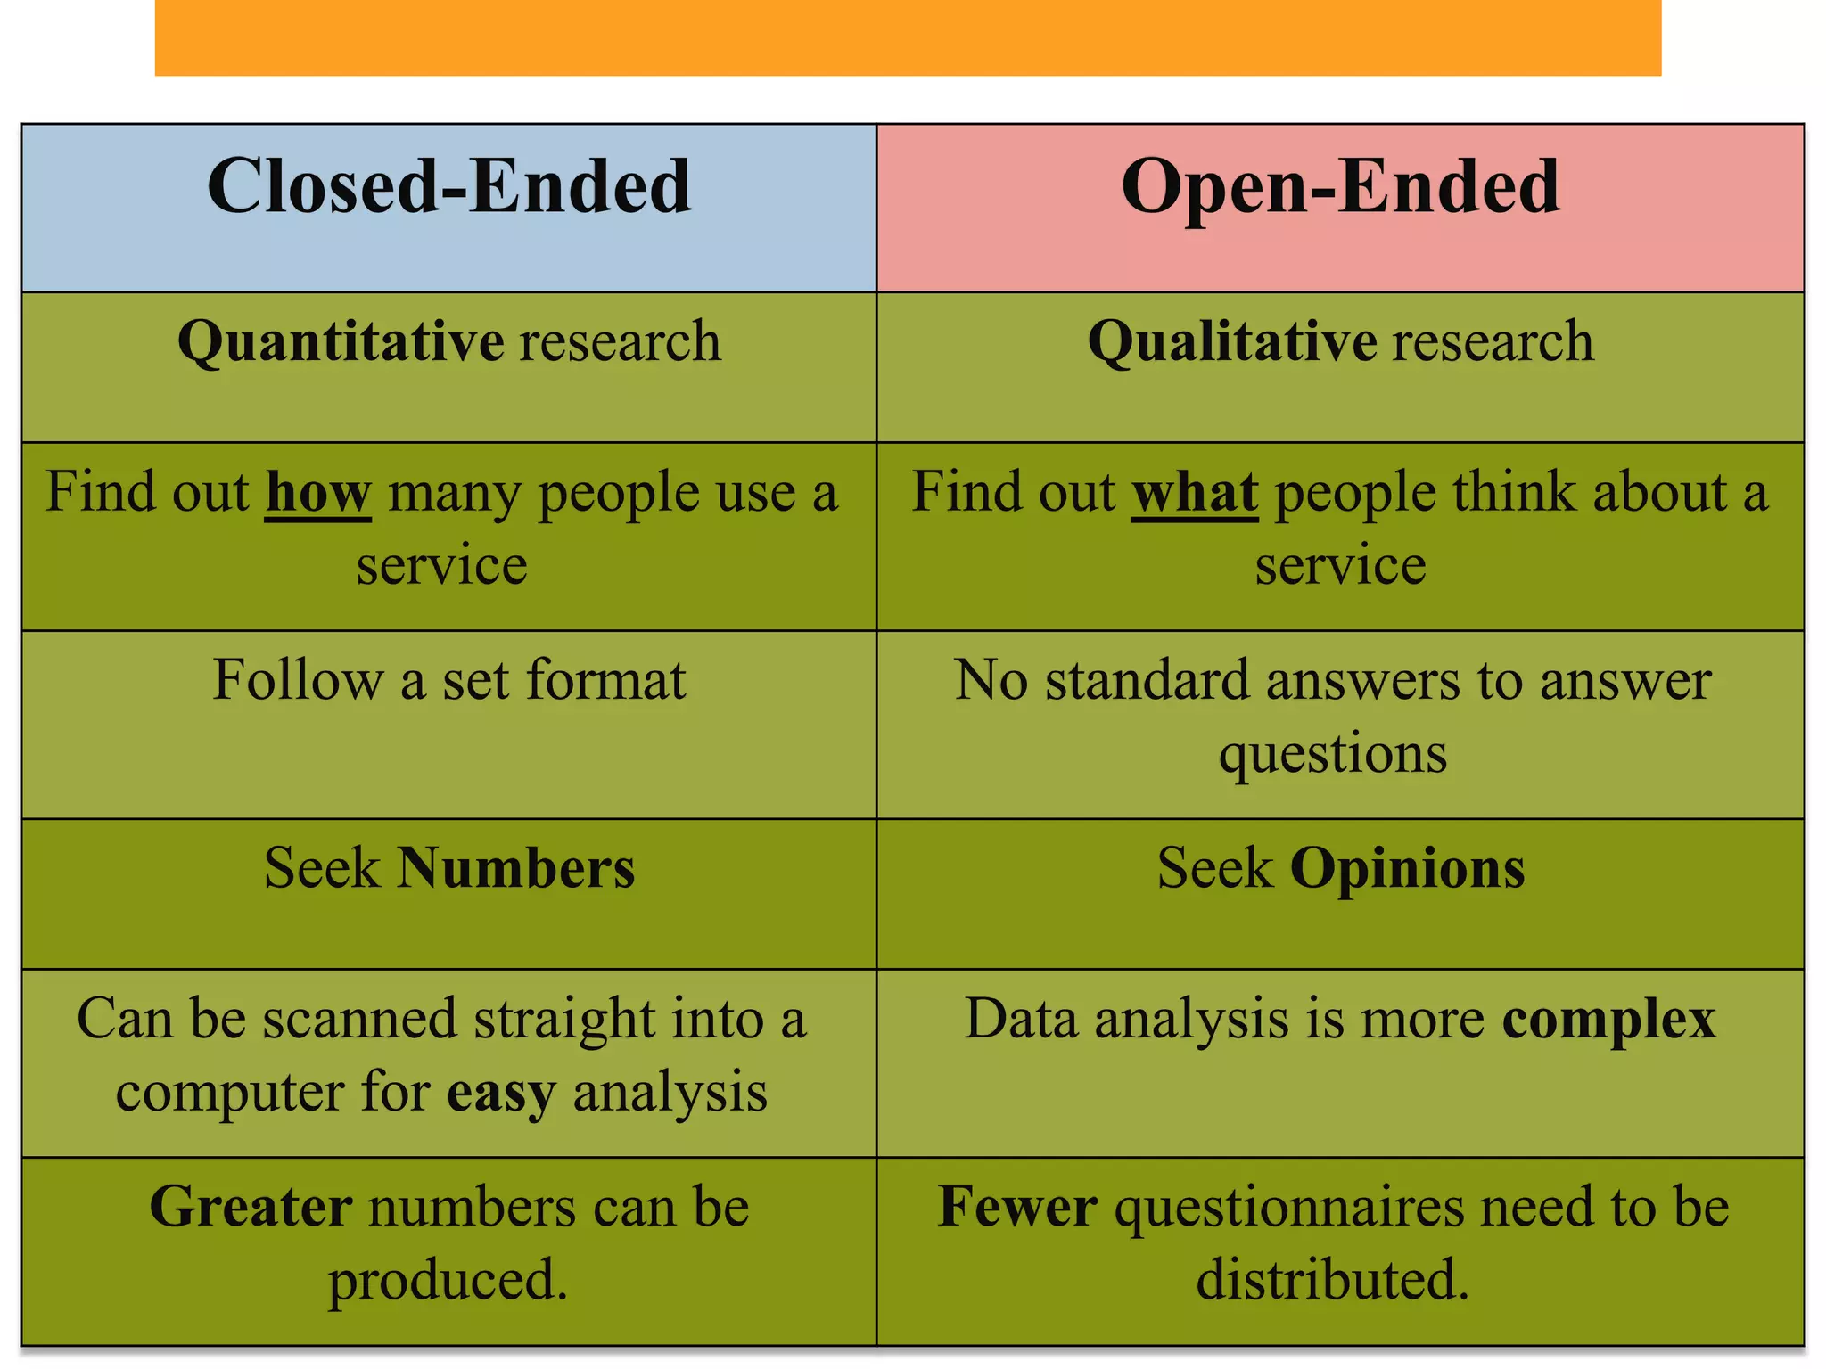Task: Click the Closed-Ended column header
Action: pyautogui.click(x=448, y=187)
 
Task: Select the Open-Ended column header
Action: pyautogui.click(x=1340, y=187)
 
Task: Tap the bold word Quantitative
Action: pyautogui.click(x=341, y=342)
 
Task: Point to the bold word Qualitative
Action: pyautogui.click(x=1232, y=342)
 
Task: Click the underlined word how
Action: pyautogui.click(x=317, y=493)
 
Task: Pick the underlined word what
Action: pyautogui.click(x=1195, y=493)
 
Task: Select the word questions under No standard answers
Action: pyautogui.click(x=1333, y=754)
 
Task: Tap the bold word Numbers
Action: pyautogui.click(x=515, y=869)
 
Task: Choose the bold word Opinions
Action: pyautogui.click(x=1407, y=869)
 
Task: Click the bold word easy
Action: pyautogui.click(x=501, y=1094)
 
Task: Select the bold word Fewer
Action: pyautogui.click(x=1017, y=1208)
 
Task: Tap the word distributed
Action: pyautogui.click(x=1332, y=1280)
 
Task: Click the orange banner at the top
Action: pyautogui.click(x=908, y=37)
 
